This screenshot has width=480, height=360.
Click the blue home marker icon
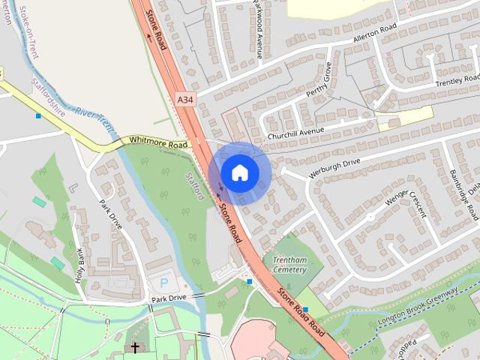coord(239,172)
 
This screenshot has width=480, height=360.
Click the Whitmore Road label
coord(157,142)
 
